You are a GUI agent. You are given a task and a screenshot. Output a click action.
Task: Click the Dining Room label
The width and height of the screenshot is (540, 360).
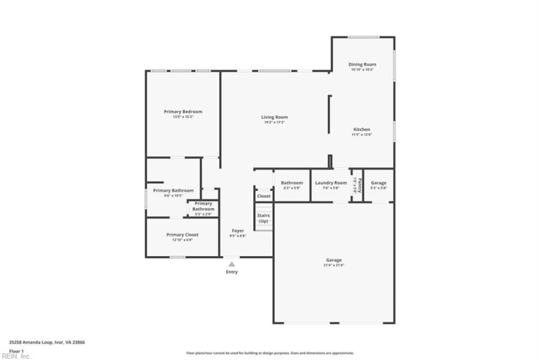(362, 64)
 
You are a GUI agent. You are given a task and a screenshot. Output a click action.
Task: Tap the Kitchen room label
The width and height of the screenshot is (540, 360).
(362, 129)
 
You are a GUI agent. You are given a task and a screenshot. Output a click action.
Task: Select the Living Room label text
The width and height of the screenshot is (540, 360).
(275, 117)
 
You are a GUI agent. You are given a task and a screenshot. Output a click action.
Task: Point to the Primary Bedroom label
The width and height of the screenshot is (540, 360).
(183, 111)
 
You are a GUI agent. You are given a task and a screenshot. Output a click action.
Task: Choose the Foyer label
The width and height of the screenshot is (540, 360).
(238, 230)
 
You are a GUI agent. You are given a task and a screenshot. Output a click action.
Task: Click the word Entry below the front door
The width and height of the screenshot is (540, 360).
(232, 272)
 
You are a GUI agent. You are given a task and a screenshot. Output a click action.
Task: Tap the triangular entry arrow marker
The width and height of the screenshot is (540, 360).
(232, 263)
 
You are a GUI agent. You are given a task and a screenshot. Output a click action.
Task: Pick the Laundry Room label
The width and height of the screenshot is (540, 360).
(331, 182)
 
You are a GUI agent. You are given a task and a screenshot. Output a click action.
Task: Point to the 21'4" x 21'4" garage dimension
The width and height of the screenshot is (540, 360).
(333, 265)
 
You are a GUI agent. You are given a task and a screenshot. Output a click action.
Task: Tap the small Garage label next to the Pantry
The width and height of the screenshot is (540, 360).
(379, 182)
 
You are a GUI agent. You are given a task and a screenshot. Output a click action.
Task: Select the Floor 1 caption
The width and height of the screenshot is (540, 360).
(16, 351)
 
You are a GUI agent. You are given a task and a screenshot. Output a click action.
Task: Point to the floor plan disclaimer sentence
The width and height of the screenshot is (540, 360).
(270, 353)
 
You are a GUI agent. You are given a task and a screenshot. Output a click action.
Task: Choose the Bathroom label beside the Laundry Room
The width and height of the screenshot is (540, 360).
(292, 182)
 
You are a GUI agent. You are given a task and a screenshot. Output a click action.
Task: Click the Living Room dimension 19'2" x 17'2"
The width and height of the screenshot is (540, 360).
(275, 122)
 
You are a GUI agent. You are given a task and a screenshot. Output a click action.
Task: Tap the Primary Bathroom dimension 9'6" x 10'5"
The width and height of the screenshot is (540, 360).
(173, 196)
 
